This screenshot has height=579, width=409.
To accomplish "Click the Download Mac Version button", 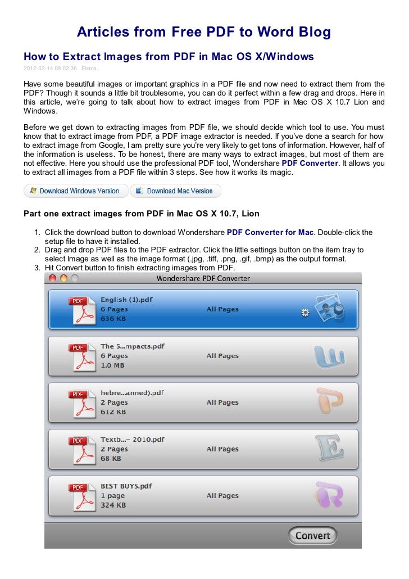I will (175, 191).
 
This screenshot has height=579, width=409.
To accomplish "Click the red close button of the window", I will (53, 278).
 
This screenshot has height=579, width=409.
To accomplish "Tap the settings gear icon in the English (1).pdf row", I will (305, 313).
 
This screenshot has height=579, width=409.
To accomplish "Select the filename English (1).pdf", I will (126, 300).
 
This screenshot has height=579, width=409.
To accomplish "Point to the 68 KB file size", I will (113, 459).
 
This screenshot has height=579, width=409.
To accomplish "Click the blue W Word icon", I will (329, 355).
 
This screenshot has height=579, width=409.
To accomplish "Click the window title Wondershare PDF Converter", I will (203, 278).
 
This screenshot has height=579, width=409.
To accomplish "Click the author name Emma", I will (89, 69).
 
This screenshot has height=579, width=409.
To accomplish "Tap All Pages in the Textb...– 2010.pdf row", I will (222, 449).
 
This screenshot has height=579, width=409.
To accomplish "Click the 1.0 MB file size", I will (113, 365).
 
